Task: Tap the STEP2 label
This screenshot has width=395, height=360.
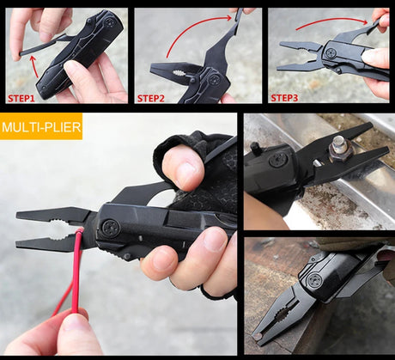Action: pos(154,97)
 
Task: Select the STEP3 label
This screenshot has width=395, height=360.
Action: pos(286,97)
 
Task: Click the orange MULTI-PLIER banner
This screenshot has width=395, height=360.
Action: pos(41,129)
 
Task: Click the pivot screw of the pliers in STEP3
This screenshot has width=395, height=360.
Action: pos(329,53)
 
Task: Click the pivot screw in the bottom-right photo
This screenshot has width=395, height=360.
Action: pos(315,280)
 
